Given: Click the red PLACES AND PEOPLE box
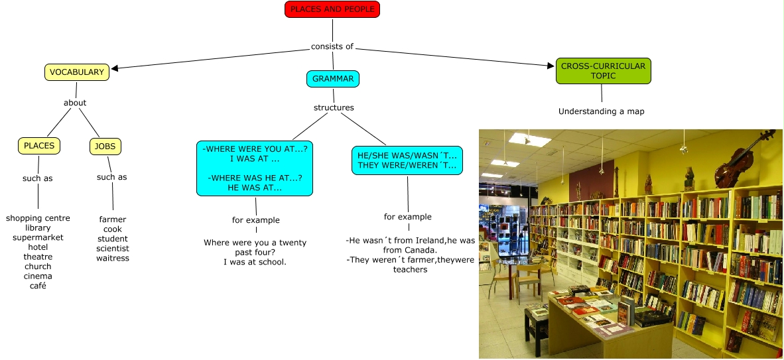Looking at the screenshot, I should pyautogui.click(x=332, y=9).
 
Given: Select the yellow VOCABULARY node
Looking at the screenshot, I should pyautogui.click(x=77, y=72).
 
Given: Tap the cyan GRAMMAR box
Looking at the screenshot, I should pyautogui.click(x=333, y=79).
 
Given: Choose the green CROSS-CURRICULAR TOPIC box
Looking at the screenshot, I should pyautogui.click(x=604, y=71).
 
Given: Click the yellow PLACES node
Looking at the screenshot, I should pyautogui.click(x=39, y=146).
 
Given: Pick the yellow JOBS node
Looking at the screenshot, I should pyautogui.click(x=105, y=146).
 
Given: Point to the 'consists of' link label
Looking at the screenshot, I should pyautogui.click(x=332, y=46).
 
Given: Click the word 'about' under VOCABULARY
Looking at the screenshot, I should pyautogui.click(x=75, y=103).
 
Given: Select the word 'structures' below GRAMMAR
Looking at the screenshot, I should pyautogui.click(x=334, y=107).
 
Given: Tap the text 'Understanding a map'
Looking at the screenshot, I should pyautogui.click(x=601, y=111).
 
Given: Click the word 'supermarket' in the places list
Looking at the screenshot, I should pyautogui.click(x=38, y=237).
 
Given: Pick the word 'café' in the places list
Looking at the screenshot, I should pyautogui.click(x=38, y=286).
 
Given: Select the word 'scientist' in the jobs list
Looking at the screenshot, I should pyautogui.click(x=113, y=249).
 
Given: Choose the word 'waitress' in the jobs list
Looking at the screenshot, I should pyautogui.click(x=113, y=258).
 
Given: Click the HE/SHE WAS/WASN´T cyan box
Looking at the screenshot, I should pyautogui.click(x=407, y=160).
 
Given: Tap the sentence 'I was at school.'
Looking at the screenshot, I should pyautogui.click(x=255, y=263).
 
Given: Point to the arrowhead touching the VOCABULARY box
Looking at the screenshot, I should pyautogui.click(x=115, y=68).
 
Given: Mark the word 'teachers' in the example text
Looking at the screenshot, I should pyautogui.click(x=410, y=269).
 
